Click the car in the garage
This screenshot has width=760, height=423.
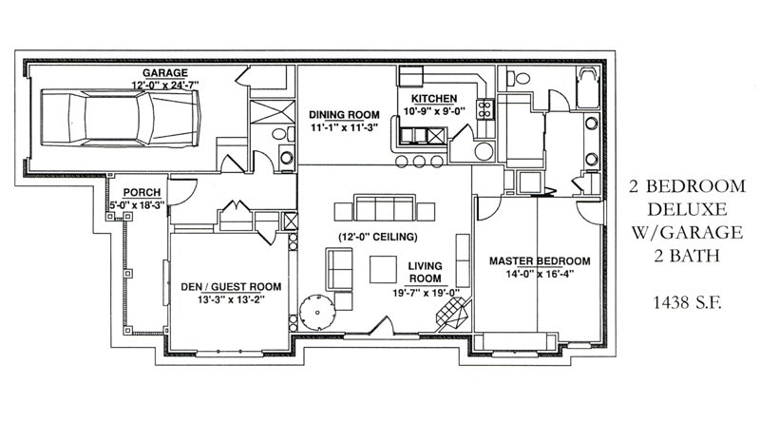click(121, 117)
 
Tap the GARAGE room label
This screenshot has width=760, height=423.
click(164, 73)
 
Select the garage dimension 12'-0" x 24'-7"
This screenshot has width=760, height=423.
click(164, 85)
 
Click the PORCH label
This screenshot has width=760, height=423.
click(142, 193)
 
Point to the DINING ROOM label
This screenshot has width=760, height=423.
click(344, 115)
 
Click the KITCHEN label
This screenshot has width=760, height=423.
click(434, 99)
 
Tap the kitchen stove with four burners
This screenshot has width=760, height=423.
click(485, 109)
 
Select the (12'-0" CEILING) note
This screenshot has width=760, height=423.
click(377, 238)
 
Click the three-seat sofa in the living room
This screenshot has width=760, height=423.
click(385, 208)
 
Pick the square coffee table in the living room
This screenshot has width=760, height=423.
click(384, 270)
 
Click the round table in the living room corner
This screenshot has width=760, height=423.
click(317, 312)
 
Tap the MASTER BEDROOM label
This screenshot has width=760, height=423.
click(540, 261)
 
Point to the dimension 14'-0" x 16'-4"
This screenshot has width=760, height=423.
click(540, 274)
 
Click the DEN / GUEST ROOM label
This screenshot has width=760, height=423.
click(231, 287)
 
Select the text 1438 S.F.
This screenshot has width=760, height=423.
click(687, 303)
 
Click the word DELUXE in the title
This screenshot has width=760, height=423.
click(687, 209)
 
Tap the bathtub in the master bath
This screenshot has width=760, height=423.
click(587, 87)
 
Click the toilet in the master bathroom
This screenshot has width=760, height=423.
click(518, 77)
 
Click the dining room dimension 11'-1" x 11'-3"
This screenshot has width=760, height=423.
click(344, 127)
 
